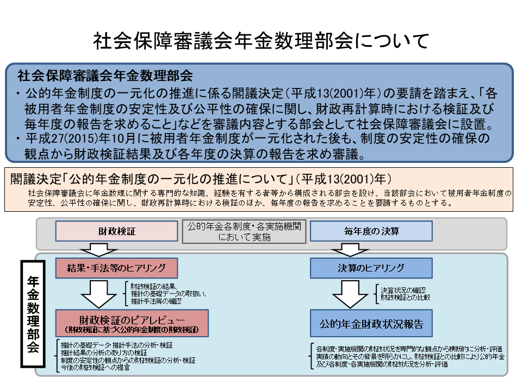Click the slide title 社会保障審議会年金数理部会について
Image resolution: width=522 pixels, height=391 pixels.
(261, 41)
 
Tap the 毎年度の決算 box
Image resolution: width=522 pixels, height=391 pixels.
(371, 231)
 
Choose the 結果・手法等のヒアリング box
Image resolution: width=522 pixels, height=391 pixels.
(116, 268)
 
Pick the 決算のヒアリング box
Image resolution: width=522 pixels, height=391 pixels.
(371, 268)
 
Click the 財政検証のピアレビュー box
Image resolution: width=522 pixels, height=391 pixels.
(132, 323)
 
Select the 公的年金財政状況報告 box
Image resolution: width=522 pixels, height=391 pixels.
(371, 324)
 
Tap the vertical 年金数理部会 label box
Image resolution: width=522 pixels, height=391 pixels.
(33, 315)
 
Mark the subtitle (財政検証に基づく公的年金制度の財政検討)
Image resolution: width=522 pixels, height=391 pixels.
(132, 329)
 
